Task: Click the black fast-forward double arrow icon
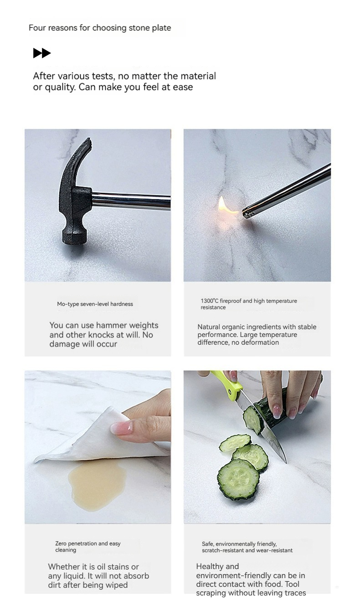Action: point(42,53)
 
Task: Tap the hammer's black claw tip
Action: point(88,140)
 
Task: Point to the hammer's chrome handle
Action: point(131,201)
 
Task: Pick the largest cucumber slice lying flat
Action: point(238,479)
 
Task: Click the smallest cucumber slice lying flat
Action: point(235,442)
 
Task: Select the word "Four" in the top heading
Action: point(37,28)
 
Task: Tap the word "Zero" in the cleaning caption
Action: point(61,544)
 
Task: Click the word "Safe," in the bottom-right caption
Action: point(208,544)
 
